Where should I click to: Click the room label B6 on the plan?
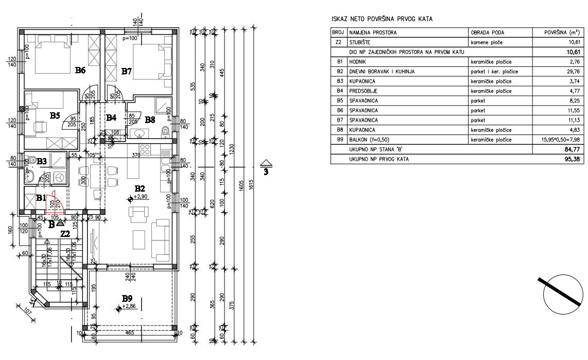point(80,71)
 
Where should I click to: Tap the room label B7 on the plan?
point(127,72)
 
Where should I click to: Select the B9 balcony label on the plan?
point(127,298)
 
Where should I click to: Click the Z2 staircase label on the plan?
point(65,233)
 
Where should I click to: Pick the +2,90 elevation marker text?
point(141,197)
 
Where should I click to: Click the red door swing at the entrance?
point(54,204)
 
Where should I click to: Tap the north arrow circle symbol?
point(559,297)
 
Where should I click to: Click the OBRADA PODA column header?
point(485,32)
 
